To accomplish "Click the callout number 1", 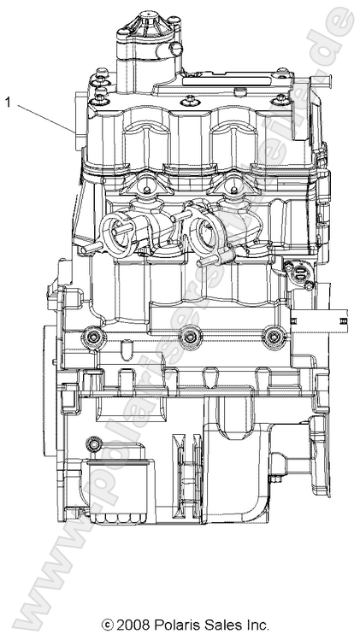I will [9, 103].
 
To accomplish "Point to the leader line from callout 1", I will [43, 116].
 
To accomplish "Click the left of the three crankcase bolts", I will [91, 338].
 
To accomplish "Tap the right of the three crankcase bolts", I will [273, 338].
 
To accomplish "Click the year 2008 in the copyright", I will [135, 625].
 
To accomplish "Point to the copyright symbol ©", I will [107, 625].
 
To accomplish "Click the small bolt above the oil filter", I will [93, 443].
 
